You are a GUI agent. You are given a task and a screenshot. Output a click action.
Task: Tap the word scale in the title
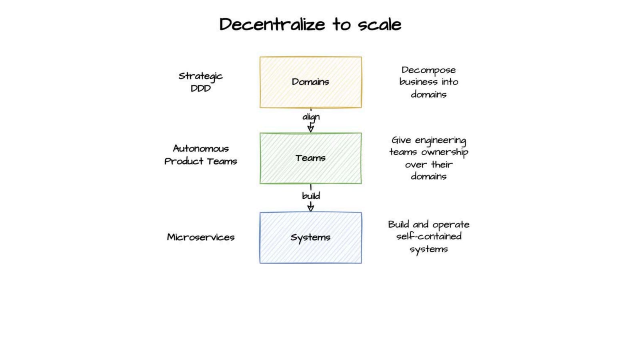pyautogui.click(x=379, y=24)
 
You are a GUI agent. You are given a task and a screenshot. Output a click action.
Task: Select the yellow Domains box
pyautogui.click(x=310, y=82)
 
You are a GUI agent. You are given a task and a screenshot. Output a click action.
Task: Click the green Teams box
pyautogui.click(x=310, y=158)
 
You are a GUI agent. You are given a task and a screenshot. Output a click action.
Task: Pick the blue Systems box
pyautogui.click(x=310, y=237)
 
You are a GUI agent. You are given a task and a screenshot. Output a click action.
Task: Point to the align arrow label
pyautogui.click(x=311, y=117)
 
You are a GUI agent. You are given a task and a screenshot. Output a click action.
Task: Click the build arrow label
pyautogui.click(x=311, y=196)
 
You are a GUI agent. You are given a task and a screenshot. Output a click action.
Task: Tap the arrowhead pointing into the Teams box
pyautogui.click(x=310, y=128)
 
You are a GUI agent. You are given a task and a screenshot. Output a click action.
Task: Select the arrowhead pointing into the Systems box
pyautogui.click(x=310, y=207)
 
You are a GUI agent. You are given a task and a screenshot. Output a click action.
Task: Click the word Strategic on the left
pyautogui.click(x=200, y=76)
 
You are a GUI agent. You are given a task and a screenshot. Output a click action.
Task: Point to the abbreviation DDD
pyautogui.click(x=200, y=88)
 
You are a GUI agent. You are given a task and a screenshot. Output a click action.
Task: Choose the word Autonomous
pyautogui.click(x=201, y=148)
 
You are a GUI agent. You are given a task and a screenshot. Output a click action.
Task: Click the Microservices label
pyautogui.click(x=200, y=237)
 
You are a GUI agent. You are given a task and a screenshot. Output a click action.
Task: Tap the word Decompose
pyautogui.click(x=428, y=70)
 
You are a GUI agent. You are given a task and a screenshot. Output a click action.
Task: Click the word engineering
pyautogui.click(x=440, y=140)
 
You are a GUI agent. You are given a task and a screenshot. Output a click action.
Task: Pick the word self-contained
pyautogui.click(x=428, y=236)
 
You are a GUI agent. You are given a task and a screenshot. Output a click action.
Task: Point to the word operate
pyautogui.click(x=451, y=225)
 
